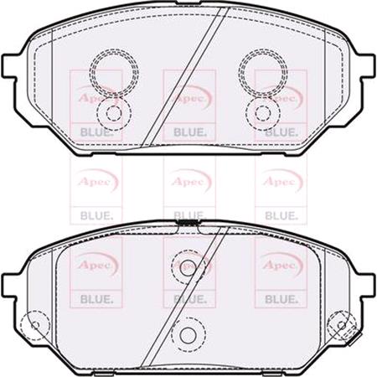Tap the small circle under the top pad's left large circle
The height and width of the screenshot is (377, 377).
pyautogui.click(x=110, y=111)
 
